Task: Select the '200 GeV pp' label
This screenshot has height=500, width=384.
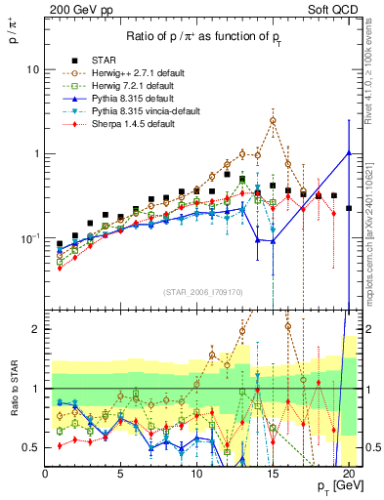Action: tap(75, 10)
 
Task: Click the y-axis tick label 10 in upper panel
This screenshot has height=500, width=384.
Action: tap(31, 69)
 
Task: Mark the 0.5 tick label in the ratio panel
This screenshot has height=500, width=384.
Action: tap(29, 447)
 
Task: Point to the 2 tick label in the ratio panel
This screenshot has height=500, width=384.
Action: tap(34, 329)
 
